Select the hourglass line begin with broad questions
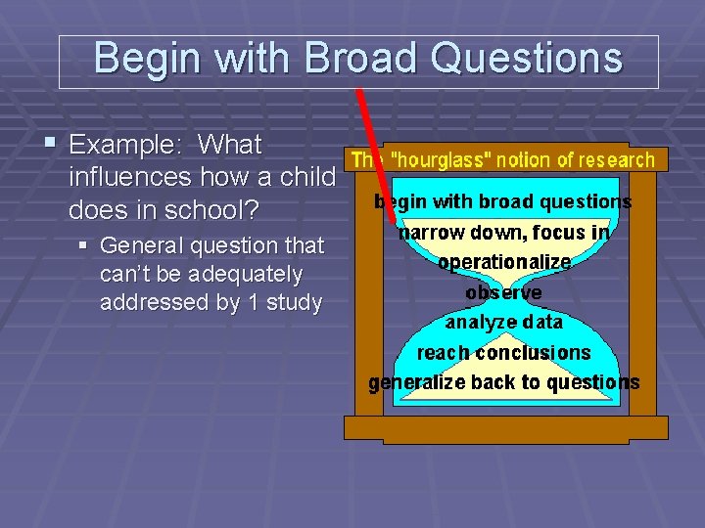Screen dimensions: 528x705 [x=502, y=202]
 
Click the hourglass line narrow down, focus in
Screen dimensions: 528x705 [x=503, y=233]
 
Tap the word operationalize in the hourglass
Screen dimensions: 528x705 [x=503, y=262]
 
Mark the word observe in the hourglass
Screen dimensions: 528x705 [x=503, y=292]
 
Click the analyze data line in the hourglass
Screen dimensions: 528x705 [x=503, y=322]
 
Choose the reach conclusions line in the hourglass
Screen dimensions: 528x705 [x=503, y=352]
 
